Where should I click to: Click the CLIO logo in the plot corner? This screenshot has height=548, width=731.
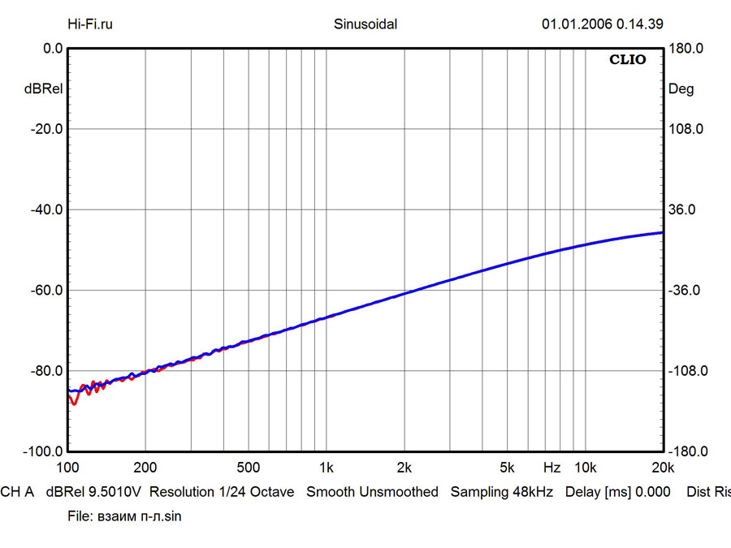[x=628, y=60]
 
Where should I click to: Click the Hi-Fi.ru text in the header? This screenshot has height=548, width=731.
[x=90, y=24]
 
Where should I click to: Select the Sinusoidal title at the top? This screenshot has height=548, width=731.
[x=365, y=24]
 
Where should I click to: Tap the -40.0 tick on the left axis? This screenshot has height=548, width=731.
[x=46, y=209]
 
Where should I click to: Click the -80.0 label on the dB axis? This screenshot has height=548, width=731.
[x=46, y=371]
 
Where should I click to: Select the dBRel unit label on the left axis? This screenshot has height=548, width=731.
[x=43, y=89]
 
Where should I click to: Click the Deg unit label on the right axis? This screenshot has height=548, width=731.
[x=681, y=89]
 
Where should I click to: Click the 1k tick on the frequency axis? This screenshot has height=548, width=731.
[x=327, y=468]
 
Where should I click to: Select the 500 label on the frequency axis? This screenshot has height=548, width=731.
[x=248, y=468]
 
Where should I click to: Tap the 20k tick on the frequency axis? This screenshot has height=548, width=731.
[x=663, y=468]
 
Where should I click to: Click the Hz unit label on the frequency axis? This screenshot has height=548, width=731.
[x=551, y=468]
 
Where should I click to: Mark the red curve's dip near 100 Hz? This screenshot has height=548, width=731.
[x=74, y=402]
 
